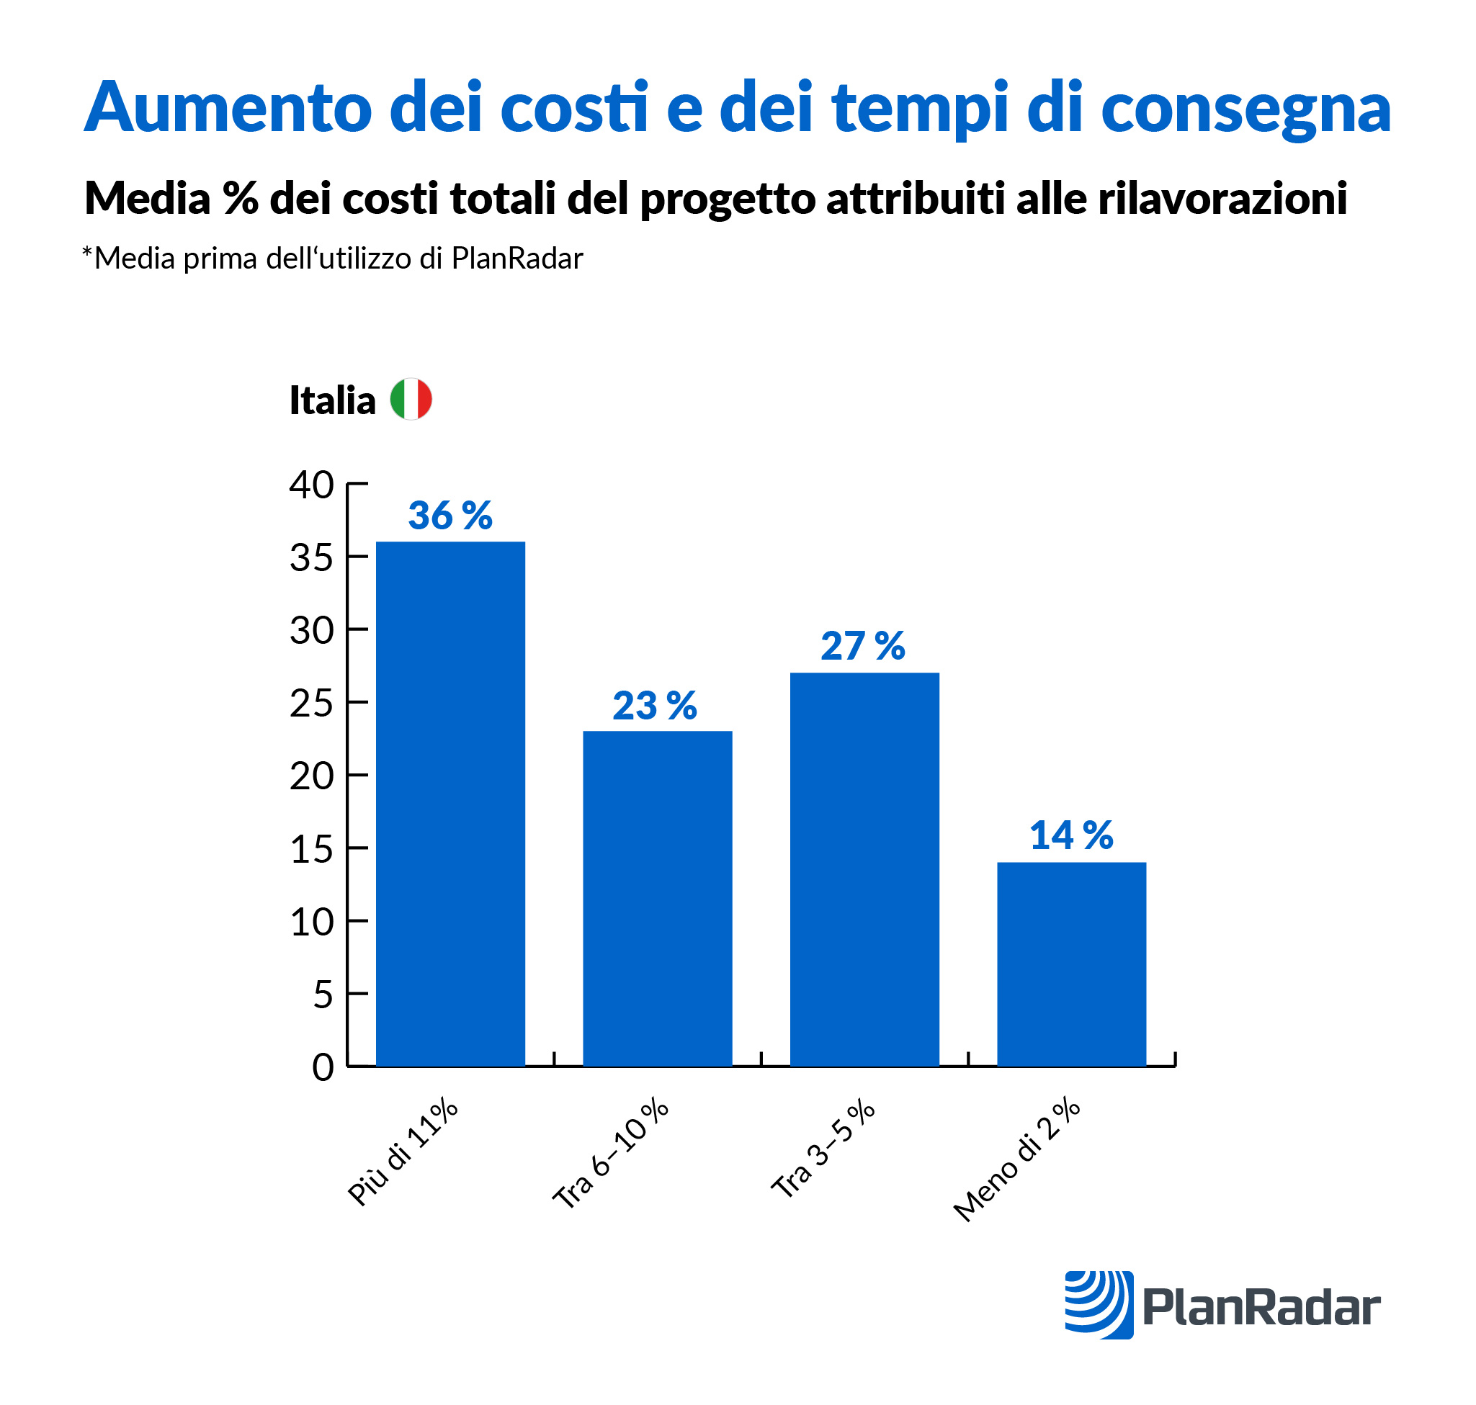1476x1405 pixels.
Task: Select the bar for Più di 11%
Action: pos(450,804)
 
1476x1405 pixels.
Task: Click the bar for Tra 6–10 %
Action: pos(657,898)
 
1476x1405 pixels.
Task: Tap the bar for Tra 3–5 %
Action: pos(864,868)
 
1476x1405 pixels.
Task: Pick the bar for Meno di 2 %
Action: pos(1071,964)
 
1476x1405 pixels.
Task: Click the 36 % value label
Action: pos(450,516)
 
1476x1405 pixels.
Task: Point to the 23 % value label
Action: pos(655,706)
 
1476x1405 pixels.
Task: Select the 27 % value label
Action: pos(863,645)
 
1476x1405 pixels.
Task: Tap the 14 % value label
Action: pos(1071,835)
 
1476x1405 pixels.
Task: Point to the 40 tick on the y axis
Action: pos(312,485)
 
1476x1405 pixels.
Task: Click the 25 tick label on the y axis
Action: pos(312,704)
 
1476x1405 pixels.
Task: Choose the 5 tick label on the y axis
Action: pos(323,995)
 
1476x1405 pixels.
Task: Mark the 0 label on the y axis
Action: pos(323,1067)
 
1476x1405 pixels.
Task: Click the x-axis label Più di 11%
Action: pos(403,1152)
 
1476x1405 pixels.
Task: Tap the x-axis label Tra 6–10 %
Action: pos(611,1154)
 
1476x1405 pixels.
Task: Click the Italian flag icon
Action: pos(411,399)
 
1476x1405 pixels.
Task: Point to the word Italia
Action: pos(333,400)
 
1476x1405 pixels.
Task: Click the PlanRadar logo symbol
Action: pos(1099,1305)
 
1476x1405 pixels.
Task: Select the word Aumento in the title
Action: pos(228,107)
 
